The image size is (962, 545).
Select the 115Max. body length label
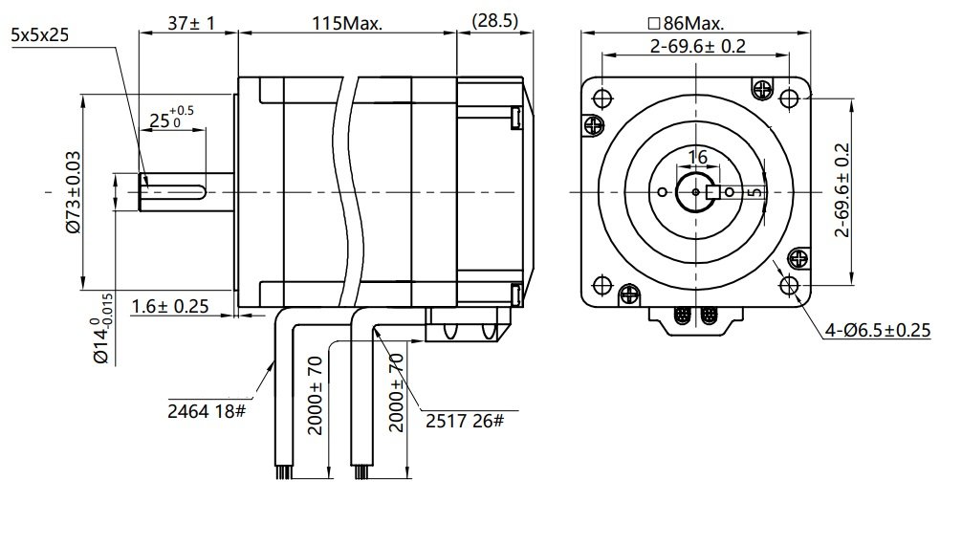pos(348,23)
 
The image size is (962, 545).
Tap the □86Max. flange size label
pos(686,22)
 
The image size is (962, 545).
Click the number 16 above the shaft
pos(696,157)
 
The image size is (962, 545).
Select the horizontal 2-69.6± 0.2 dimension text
pos(697,46)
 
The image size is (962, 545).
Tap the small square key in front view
pos(711,192)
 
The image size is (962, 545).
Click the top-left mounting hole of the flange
pos(602,98)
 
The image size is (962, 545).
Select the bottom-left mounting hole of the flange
pos(602,285)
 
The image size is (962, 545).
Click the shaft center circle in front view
pos(695,192)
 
